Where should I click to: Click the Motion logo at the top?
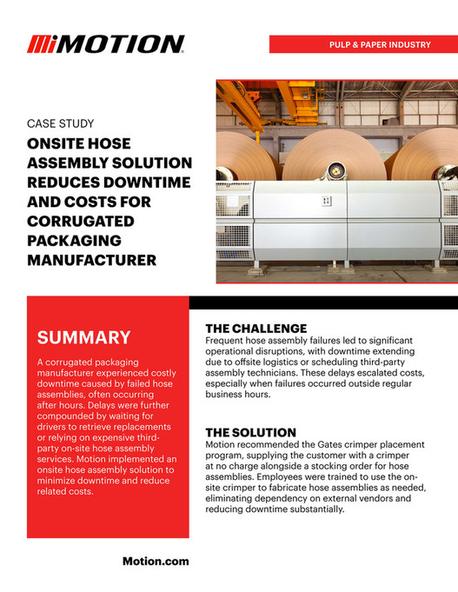point(105,44)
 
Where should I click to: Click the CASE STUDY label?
point(61,123)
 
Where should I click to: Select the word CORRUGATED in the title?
point(85,221)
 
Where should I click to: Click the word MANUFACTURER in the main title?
point(92,259)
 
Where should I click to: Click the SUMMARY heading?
point(83,337)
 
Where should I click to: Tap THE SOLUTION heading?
point(250,432)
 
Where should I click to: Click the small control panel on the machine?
point(326,201)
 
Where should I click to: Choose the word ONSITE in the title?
point(59,144)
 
